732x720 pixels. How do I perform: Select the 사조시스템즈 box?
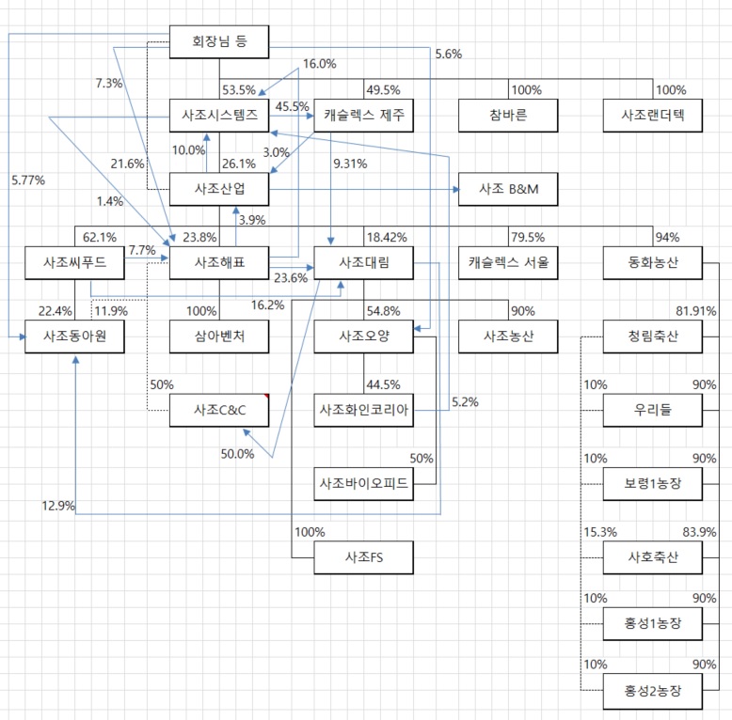218,115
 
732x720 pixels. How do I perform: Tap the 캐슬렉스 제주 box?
363,115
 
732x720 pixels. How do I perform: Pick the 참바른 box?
508,115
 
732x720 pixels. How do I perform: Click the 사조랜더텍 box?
653,115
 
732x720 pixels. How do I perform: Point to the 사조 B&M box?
508,189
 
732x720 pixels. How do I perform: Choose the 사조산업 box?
218,189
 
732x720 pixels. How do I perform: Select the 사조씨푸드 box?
73,263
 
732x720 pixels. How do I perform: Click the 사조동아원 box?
73,336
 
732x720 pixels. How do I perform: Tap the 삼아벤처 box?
218,336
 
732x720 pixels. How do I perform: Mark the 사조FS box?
363,558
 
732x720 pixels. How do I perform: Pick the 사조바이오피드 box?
363,484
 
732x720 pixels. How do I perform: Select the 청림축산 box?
653,336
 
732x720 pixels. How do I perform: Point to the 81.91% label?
696,311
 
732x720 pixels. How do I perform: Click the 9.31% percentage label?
350,164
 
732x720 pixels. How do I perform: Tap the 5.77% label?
28,179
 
